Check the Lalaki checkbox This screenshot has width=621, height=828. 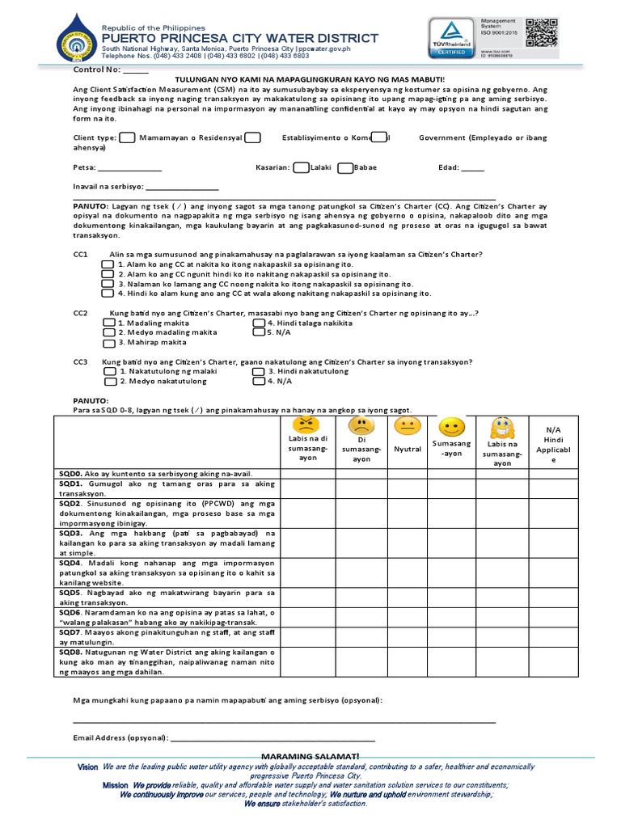[300, 168]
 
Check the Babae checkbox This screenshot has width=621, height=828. [345, 168]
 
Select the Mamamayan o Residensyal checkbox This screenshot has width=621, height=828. [127, 138]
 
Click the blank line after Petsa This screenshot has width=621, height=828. [130, 168]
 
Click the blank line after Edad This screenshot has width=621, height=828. [473, 168]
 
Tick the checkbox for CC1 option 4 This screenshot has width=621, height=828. [108, 294]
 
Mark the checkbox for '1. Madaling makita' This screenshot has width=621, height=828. [109, 323]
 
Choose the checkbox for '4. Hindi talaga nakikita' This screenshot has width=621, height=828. [258, 323]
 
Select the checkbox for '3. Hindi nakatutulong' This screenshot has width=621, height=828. [258, 371]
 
